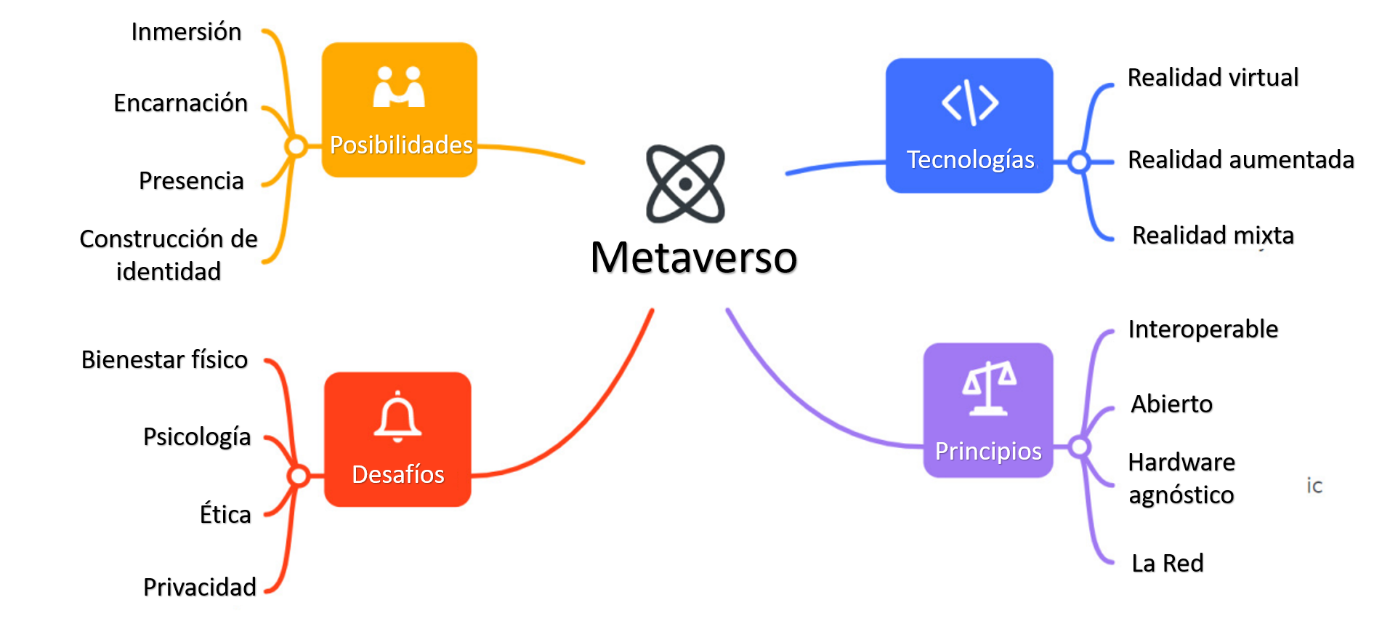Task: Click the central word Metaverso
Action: [694, 257]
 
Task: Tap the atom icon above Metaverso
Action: [685, 183]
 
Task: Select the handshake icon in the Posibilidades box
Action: [398, 88]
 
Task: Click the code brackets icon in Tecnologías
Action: [969, 103]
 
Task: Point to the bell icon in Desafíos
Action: [397, 417]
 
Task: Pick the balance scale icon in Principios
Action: [988, 388]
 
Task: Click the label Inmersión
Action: [186, 32]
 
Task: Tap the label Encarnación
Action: [181, 103]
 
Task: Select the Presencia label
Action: [191, 180]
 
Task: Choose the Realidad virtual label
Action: [1213, 77]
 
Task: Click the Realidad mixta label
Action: [1213, 236]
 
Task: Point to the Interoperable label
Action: [1203, 329]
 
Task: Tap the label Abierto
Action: [1171, 404]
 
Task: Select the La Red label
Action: [1168, 563]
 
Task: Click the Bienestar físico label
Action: [164, 360]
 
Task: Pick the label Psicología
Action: [197, 437]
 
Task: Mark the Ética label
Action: [225, 514]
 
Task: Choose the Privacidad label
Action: [200, 587]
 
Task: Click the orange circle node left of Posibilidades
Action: [296, 146]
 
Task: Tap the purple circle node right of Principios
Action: [1080, 447]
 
